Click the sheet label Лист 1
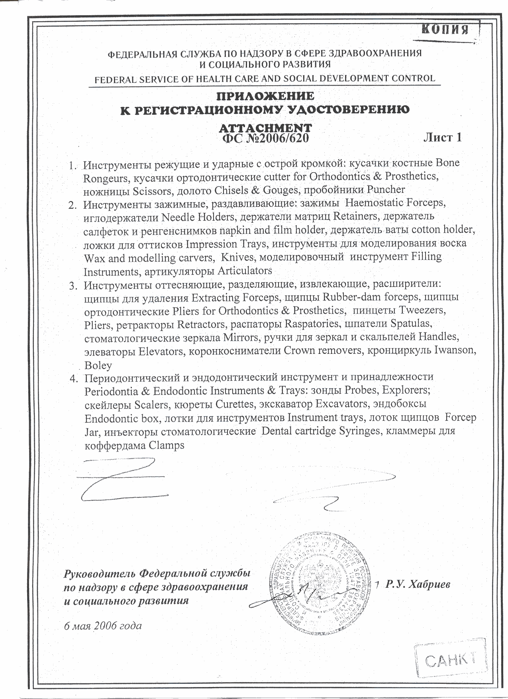pyautogui.click(x=442, y=137)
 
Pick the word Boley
pyautogui.click(x=98, y=365)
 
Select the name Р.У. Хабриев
pyautogui.click(x=418, y=584)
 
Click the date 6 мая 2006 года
pyautogui.click(x=103, y=625)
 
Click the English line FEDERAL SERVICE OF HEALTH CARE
pyautogui.click(x=265, y=79)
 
